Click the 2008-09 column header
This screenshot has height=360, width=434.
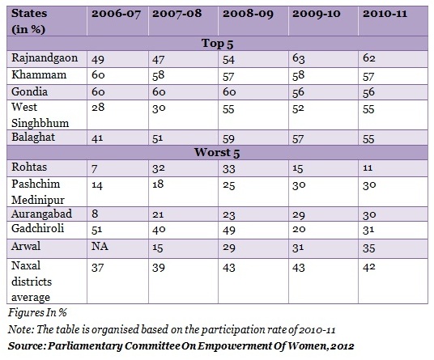tap(248, 14)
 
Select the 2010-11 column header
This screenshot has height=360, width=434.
tap(385, 14)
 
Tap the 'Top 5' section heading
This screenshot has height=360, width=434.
tap(217, 44)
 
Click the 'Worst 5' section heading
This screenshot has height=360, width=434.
tap(217, 153)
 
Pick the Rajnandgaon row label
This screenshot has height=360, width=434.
tap(45, 58)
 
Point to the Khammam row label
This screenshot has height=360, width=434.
tap(39, 74)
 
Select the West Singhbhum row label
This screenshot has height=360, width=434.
tap(40, 115)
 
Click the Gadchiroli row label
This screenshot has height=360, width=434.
tap(37, 228)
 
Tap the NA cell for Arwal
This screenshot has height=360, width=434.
tap(100, 246)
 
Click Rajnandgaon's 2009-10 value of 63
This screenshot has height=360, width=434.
tap(298, 59)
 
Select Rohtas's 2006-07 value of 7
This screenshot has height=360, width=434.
tap(95, 168)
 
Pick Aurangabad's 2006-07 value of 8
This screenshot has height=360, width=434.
tap(95, 214)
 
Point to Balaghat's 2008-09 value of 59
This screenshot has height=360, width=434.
tap(228, 139)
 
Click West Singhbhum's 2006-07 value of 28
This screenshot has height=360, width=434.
tap(98, 108)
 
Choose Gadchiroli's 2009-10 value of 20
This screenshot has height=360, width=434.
tap(299, 229)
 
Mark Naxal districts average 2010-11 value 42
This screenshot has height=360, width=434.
tap(369, 268)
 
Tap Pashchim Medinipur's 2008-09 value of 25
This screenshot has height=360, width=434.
tap(228, 185)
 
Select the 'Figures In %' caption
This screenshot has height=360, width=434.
tap(37, 313)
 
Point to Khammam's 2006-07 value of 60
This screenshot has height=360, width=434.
tap(98, 75)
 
